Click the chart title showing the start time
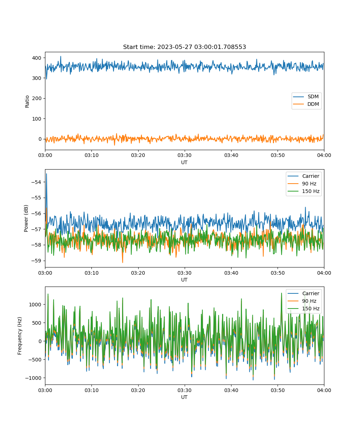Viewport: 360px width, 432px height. (184, 47)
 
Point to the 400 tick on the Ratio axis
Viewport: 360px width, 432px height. (37, 58)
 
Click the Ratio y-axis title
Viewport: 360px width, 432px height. (27, 102)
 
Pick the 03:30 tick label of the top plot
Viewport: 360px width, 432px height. (184, 155)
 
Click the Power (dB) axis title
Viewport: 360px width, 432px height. (26, 218)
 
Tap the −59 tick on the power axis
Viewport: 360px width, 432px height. (36, 261)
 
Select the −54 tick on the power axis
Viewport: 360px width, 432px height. (36, 182)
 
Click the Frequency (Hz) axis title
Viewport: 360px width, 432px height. (20, 336)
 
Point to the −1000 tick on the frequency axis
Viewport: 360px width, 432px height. (33, 378)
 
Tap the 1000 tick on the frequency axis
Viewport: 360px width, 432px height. (35, 304)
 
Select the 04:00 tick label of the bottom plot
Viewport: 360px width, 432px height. (324, 390)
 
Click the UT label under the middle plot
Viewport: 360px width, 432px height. (184, 280)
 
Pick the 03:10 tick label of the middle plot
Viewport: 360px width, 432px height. (91, 273)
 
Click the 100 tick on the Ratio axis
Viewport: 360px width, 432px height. (37, 119)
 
